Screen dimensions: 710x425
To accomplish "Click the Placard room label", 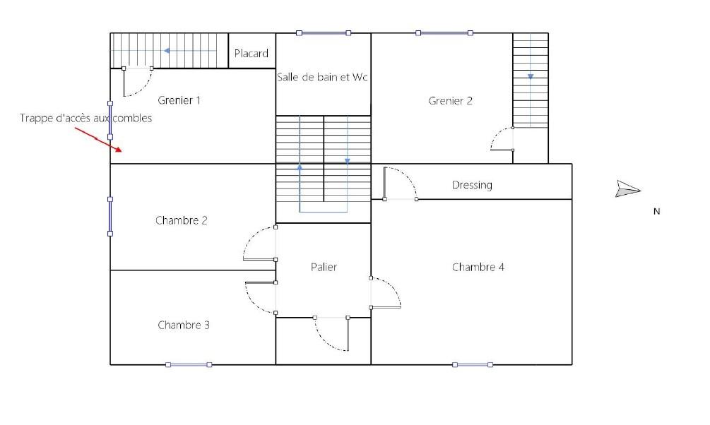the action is coord(252,54).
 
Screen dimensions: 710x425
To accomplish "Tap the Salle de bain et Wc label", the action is coord(322,77).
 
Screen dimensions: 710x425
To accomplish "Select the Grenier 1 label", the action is coord(179,100).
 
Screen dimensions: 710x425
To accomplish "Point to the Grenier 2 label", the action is coord(451,100).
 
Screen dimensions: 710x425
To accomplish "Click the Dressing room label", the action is coord(472,185).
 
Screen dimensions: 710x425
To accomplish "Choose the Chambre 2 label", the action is coord(181,220).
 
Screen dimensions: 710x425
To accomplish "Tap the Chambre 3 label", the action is coord(184,325).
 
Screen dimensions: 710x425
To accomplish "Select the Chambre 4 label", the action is coord(478,267).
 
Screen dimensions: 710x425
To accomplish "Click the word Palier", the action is coord(324,267).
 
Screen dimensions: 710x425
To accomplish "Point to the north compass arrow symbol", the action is coord(627,188).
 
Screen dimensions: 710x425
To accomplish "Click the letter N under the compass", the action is coord(656,211).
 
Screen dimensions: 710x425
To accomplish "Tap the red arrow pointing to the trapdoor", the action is coord(98,139).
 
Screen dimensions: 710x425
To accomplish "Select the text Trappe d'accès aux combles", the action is coord(85,118).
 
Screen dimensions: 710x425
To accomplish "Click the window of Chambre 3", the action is coord(189,364).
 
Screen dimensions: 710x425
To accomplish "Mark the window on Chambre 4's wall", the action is coord(473,364).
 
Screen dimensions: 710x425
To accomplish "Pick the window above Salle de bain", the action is coord(324,33).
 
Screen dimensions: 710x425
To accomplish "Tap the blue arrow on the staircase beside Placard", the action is coord(189,51).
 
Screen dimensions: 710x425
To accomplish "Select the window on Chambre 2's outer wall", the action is coord(110,216).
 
